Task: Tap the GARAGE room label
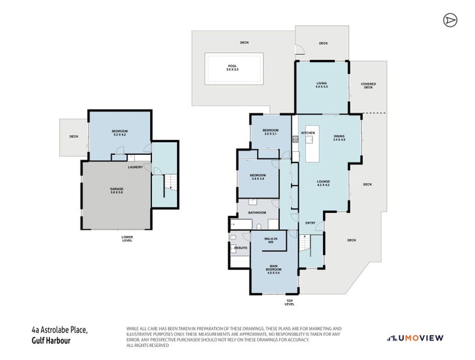[x=116, y=190]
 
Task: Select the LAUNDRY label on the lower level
[x=135, y=167]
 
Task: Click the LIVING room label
[x=321, y=85]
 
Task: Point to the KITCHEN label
[x=308, y=133]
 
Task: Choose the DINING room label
[x=339, y=138]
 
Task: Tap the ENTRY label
[x=310, y=223]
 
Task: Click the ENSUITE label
[x=240, y=247]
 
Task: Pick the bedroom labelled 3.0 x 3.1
[x=271, y=132]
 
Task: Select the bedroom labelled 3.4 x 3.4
[x=258, y=177]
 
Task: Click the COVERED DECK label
[x=368, y=85]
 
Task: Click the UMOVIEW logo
[x=415, y=338]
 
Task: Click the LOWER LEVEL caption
[x=127, y=238]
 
